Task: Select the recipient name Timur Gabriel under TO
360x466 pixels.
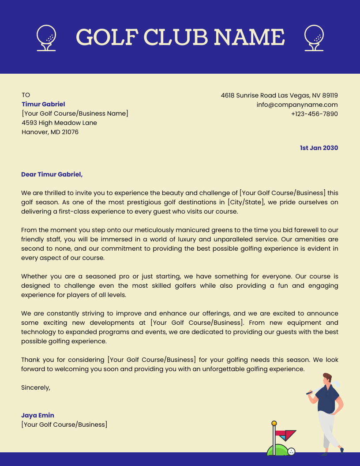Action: pos(43,104)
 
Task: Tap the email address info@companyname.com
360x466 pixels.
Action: pos(297,105)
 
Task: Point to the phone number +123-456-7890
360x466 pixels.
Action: pos(314,114)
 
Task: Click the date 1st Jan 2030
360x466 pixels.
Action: pos(319,148)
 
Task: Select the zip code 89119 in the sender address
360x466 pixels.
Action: pos(330,95)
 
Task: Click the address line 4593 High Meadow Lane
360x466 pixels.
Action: pos(59,123)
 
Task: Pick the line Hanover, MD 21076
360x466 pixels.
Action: pos(50,132)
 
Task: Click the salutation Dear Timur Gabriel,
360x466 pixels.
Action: pos(52,174)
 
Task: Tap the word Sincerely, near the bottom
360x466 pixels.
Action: pos(36,387)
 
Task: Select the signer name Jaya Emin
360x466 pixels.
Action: pos(37,415)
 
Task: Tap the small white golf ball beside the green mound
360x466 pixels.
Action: pos(291,451)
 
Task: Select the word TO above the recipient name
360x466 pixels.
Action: pos(26,95)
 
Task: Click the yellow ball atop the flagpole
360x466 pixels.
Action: pos(274,423)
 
